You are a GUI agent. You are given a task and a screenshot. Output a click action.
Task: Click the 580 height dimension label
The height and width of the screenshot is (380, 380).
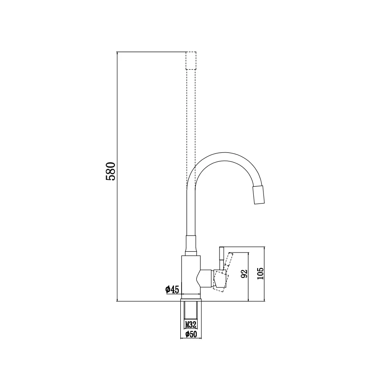pos(111,171)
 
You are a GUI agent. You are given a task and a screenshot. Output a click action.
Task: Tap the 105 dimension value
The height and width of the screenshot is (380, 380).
pos(260,274)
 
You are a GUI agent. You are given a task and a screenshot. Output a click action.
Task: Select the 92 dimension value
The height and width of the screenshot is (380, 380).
pos(244,274)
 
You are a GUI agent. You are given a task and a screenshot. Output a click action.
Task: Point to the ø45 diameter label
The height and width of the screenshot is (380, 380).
pos(172,289)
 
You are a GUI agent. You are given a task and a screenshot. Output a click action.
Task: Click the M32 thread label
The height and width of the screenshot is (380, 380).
pos(191,324)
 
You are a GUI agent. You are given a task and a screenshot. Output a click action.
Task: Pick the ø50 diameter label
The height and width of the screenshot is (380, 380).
pos(191,334)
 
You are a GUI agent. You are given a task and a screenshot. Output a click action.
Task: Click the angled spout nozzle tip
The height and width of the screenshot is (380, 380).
pos(258,195)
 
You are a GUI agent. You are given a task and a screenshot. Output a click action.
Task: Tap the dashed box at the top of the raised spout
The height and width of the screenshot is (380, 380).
pos(191,60)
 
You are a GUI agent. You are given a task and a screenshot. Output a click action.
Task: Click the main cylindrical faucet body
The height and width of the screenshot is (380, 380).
pos(191,275)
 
